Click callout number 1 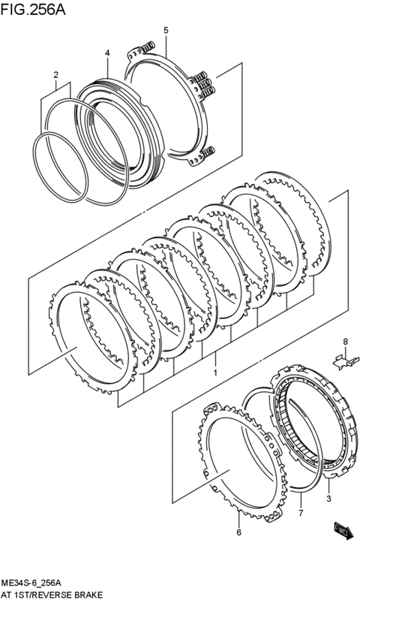(215, 372)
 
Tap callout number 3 (328, 498)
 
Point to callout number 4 (107, 53)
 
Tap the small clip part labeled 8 (343, 361)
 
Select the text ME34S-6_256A (31, 583)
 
